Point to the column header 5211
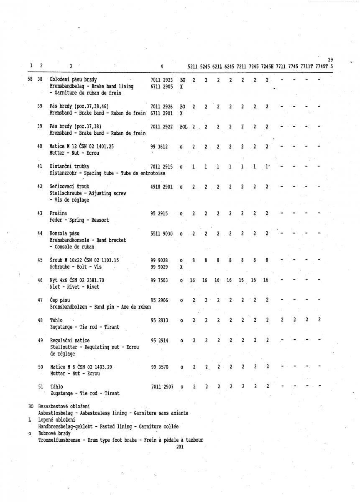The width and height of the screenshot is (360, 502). [x=193, y=66]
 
